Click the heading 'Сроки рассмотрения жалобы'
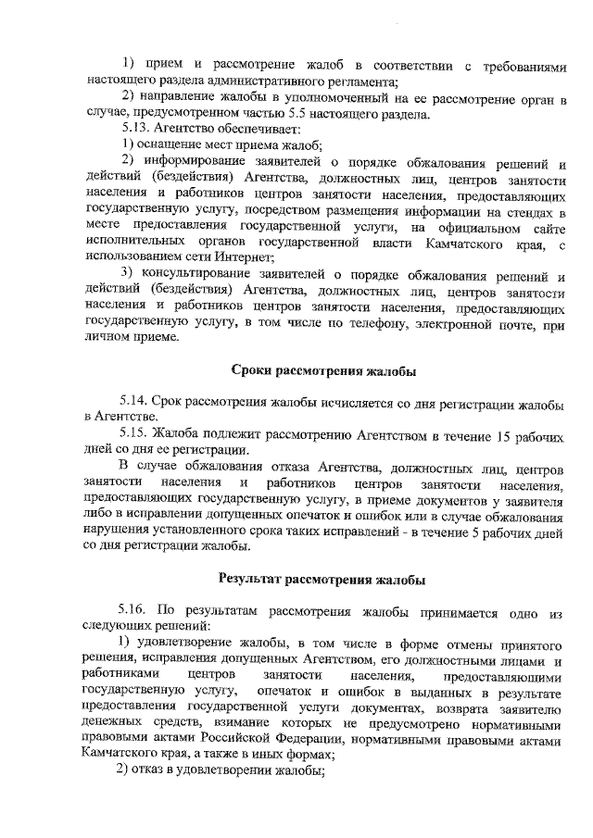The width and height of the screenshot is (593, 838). pos(323,372)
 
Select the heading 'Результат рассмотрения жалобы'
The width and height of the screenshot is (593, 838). pos(322,581)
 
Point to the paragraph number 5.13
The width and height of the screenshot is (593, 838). pos(134,130)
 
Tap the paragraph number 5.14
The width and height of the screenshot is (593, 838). pos(135,404)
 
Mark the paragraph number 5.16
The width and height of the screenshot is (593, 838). pos(135,612)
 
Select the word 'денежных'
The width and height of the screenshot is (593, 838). pos(110,723)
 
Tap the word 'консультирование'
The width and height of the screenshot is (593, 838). pos(196,275)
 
